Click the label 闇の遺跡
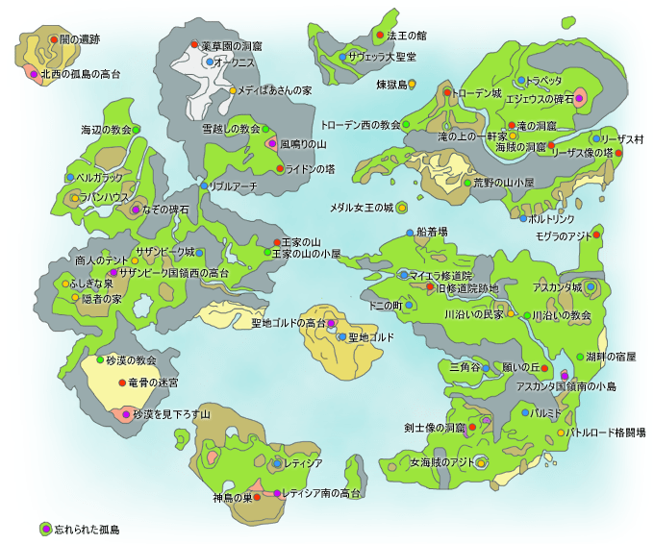(x=79, y=39)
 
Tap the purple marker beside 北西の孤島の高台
(x=34, y=74)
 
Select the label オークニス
(x=234, y=62)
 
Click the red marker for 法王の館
(x=380, y=36)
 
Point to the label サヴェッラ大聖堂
(x=382, y=57)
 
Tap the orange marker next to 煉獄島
(x=412, y=84)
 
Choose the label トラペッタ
(x=544, y=80)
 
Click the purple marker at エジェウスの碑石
(x=581, y=99)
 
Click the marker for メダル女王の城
(x=402, y=207)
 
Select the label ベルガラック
(x=100, y=178)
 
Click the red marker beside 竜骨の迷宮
(x=121, y=383)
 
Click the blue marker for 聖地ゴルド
(x=341, y=337)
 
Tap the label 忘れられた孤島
(x=88, y=529)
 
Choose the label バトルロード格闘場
(x=607, y=433)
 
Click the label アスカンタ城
(x=557, y=286)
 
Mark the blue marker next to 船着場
(x=409, y=232)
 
